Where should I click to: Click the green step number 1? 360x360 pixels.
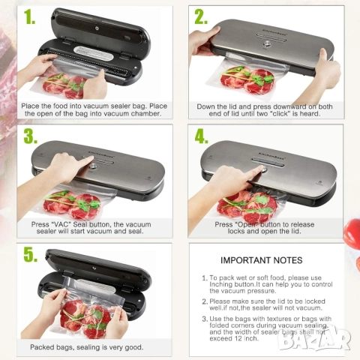29,17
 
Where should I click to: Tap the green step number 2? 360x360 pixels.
201,17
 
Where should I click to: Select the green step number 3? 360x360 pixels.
29,136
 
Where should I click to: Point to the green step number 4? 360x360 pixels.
201,137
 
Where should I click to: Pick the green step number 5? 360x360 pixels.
29,254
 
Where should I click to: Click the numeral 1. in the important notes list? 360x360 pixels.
205,278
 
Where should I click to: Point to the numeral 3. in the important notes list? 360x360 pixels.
205,320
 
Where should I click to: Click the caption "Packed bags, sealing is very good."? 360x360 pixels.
87,346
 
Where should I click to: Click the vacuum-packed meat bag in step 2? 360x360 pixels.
252,78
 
